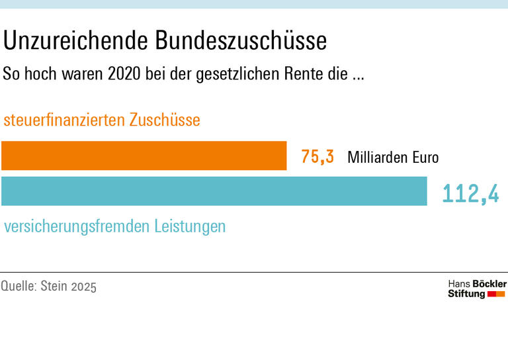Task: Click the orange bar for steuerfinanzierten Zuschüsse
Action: [144, 156]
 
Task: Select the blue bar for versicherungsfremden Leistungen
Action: [214, 191]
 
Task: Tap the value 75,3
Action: [317, 157]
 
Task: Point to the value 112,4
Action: [470, 193]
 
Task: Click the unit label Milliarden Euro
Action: [393, 157]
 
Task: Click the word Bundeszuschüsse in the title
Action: [241, 41]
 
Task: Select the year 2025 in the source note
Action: [85, 287]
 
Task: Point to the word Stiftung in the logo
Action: [466, 294]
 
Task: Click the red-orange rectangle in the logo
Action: [497, 294]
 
